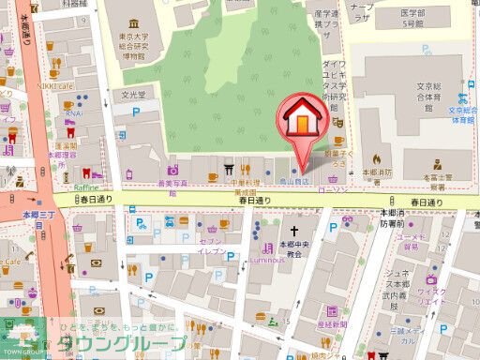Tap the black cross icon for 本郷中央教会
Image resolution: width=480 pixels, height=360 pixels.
coord(293,231)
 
